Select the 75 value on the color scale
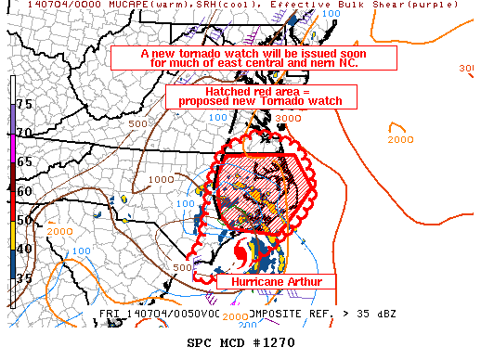(26, 104)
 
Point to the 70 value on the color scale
(26, 133)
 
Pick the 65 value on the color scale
(26, 161)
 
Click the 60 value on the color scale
(26, 190)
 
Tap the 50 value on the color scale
(26, 219)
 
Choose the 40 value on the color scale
(26, 248)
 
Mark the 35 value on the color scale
(26, 276)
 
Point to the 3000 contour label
(287, 119)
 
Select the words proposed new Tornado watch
(253, 100)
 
